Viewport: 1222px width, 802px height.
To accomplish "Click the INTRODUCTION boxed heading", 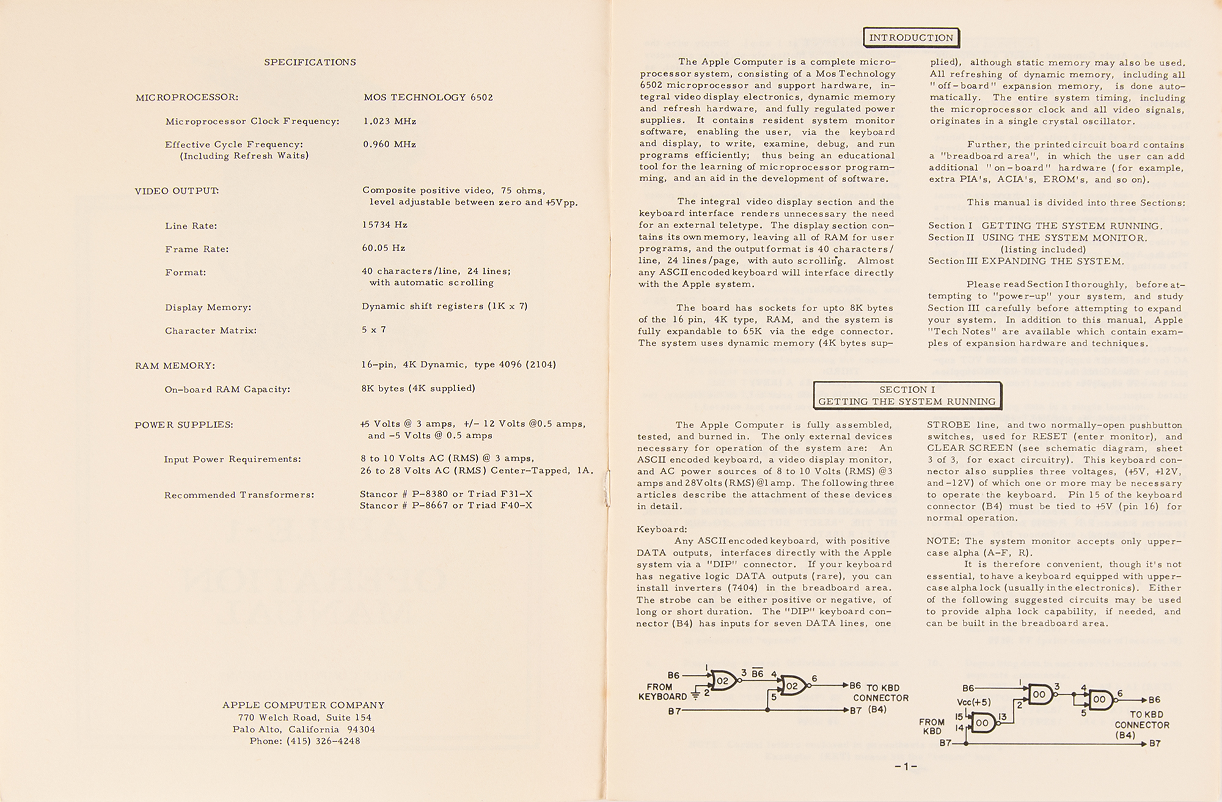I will pos(911,38).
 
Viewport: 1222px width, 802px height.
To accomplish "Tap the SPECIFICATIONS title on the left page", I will pos(310,62).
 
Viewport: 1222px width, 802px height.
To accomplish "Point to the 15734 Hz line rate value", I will pos(384,225).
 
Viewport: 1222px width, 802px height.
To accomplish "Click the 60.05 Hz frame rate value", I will pos(384,248).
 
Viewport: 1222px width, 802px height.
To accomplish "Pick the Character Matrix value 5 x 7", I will pos(374,329).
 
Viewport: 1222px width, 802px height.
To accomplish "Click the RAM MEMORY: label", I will pos(175,366).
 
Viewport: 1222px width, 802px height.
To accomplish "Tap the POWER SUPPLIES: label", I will pos(184,425).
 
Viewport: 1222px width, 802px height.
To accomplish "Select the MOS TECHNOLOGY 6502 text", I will pos(428,97).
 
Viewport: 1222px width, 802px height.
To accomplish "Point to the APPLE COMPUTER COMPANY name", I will pos(304,705).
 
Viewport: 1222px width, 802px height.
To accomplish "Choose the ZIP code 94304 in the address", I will pos(361,729).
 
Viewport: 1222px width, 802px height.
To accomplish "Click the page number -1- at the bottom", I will pos(906,767).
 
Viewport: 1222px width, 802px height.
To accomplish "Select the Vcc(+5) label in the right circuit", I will pos(974,702).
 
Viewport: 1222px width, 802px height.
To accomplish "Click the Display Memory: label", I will pos(208,307).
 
